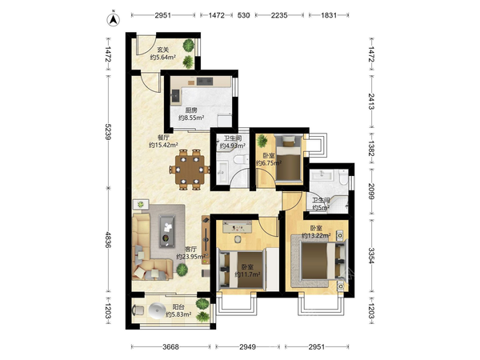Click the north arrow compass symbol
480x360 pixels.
(x=114, y=20)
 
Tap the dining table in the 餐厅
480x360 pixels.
(x=190, y=170)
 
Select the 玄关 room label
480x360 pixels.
(x=163, y=50)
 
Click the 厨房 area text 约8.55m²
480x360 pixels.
(x=191, y=118)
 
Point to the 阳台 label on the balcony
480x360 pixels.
(x=178, y=306)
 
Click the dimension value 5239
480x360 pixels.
(x=107, y=131)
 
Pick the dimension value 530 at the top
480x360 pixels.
(x=243, y=15)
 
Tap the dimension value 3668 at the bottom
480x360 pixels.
(x=170, y=347)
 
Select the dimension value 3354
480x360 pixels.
(x=371, y=255)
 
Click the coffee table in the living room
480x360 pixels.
(x=167, y=231)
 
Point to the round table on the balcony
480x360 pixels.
(x=158, y=310)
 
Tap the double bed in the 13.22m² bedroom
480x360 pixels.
(x=322, y=261)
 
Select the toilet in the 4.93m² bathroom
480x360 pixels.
(x=240, y=159)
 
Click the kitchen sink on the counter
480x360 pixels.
(x=175, y=95)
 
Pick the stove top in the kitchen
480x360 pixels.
(x=205, y=81)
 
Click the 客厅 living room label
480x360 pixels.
(x=190, y=250)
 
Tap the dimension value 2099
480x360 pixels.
(x=371, y=191)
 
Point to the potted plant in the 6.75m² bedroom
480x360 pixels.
(x=262, y=141)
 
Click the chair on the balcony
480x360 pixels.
(x=138, y=310)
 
